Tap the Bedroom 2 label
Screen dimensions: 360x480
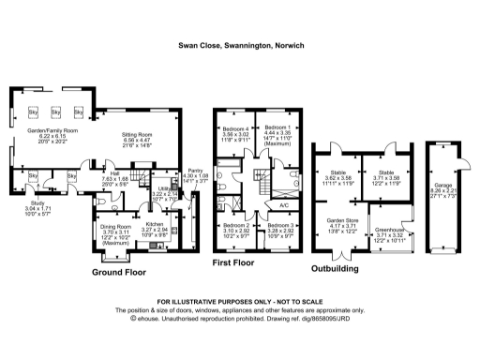[x=235, y=226]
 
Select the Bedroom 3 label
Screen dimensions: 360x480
[x=279, y=226]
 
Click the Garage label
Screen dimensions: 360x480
[x=439, y=187]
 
